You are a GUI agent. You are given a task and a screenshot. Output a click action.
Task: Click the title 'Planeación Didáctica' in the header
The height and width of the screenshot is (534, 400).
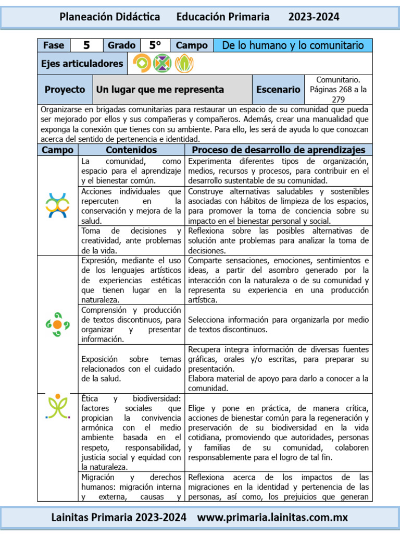109,17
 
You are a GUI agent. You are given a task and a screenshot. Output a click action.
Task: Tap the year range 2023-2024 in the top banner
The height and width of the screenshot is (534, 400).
314,17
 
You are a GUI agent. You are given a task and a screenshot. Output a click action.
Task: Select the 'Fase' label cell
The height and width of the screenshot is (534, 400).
54,45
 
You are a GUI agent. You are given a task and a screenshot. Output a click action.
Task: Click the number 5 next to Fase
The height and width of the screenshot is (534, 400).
86,45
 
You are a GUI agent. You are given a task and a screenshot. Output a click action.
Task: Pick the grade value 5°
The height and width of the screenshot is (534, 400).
155,45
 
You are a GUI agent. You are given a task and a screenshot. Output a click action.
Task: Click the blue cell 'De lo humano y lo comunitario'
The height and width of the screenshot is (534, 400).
293,45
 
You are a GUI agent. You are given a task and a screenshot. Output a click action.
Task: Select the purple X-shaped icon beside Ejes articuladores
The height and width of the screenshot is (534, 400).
162,64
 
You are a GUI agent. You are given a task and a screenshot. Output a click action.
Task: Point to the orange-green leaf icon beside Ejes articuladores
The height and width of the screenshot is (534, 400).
183,64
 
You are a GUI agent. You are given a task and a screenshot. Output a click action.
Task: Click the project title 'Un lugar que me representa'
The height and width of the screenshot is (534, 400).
160,90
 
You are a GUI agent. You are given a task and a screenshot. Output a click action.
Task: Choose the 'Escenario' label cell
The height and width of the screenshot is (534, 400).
278,90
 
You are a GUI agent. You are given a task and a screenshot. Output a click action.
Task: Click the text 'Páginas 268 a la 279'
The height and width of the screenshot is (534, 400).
338,94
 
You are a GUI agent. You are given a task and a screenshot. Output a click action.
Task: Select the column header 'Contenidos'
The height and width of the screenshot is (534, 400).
131,150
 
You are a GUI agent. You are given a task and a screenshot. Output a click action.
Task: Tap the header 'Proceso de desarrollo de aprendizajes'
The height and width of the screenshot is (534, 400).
278,150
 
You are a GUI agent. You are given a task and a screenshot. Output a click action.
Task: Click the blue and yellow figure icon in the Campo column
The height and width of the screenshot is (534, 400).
57,205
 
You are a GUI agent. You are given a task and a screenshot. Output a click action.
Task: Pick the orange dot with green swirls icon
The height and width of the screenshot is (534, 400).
57,324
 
